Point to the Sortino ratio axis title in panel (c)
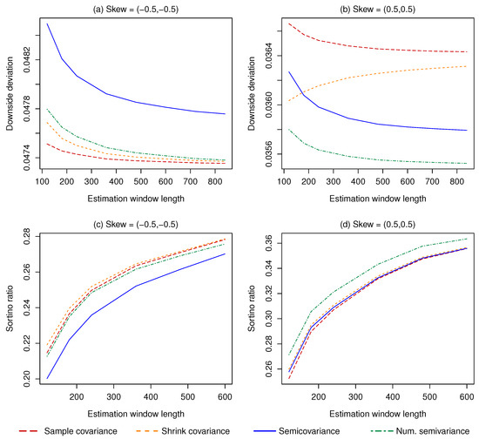click(x=10, y=309)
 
